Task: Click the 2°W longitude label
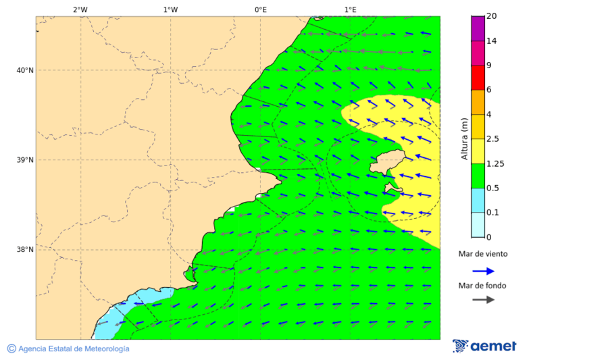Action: (80, 9)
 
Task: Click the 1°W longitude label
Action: (170, 9)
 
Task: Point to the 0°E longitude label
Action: (260, 9)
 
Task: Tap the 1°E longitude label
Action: (350, 9)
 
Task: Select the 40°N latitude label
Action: (25, 70)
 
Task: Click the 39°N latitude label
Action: (25, 160)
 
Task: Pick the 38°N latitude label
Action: (25, 250)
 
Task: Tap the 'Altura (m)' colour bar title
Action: (464, 138)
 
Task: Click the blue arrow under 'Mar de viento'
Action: (483, 271)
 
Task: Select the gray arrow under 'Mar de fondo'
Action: (483, 299)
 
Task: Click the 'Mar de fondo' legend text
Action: (482, 286)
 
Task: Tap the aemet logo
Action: (484, 346)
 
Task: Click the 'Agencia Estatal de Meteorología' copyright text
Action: (68, 349)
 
